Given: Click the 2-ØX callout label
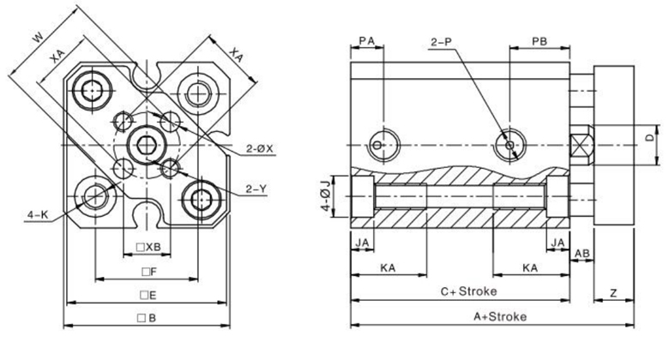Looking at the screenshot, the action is [259, 148].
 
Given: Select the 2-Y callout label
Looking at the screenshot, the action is [256, 189].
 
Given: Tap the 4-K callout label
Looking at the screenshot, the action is [38, 215].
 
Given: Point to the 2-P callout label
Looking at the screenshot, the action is [441, 42].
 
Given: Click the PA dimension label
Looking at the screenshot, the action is [366, 40].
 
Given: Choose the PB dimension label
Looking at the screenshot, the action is [539, 41].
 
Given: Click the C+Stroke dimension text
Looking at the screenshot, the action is [468, 291].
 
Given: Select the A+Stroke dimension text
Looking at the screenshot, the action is [500, 316].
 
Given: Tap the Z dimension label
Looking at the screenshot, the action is [613, 293].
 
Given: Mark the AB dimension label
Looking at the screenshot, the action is [582, 254].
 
